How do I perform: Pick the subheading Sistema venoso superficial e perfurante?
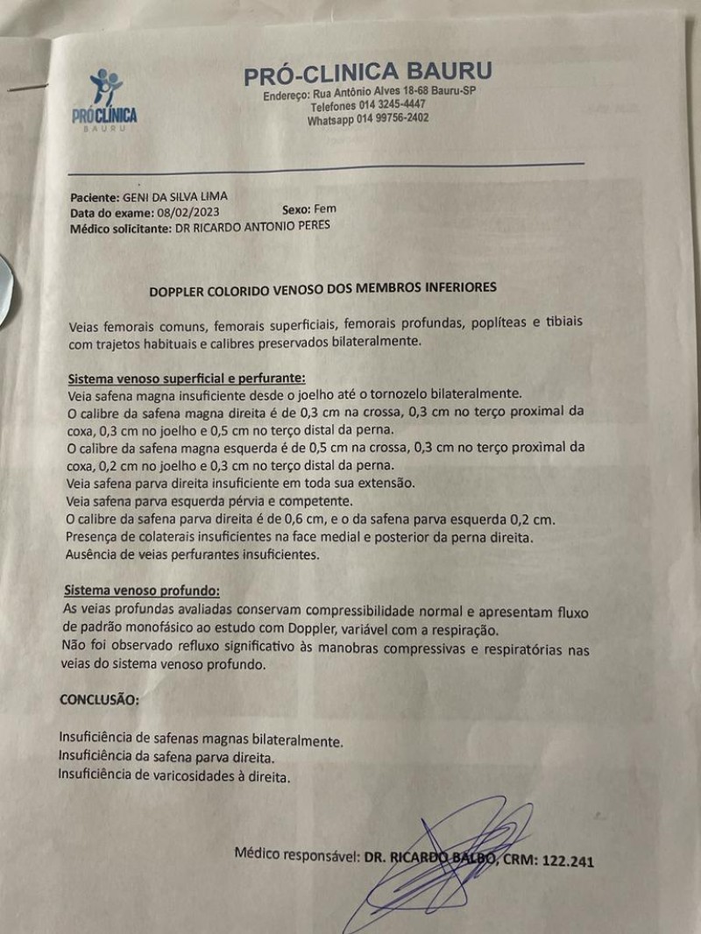tap(187, 379)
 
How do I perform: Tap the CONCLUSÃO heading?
tap(98, 700)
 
